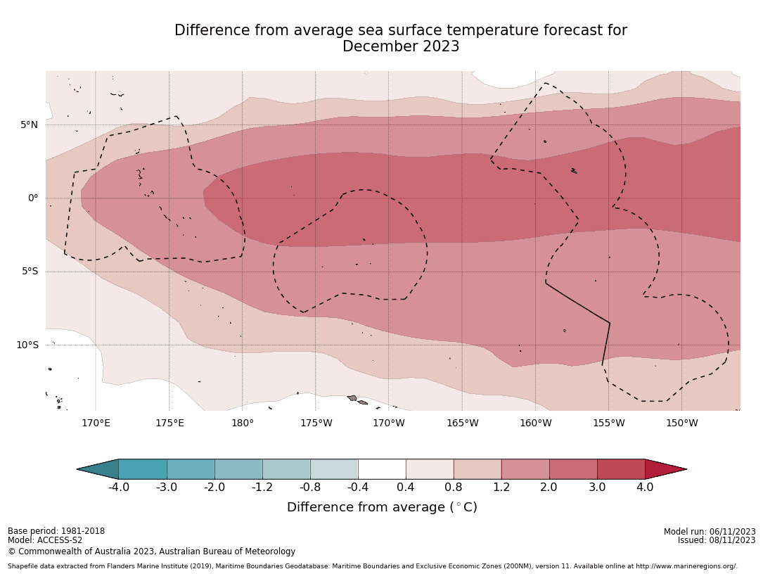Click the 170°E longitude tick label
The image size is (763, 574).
point(96,423)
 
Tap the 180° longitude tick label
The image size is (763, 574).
point(242,423)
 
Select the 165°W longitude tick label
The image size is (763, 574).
point(462,423)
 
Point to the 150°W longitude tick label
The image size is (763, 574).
point(681,423)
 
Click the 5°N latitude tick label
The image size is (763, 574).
point(29,125)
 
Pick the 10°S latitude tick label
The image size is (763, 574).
point(27,345)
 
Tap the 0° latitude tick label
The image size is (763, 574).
point(33,198)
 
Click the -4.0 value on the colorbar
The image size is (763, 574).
point(118,487)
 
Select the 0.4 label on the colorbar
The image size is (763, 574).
point(406,487)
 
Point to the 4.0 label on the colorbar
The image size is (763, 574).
point(644,487)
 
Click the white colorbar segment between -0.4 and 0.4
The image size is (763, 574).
point(382,469)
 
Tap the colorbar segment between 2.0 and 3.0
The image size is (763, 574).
point(573,469)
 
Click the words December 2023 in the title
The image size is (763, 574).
point(401,47)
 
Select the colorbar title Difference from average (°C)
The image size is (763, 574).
point(382,507)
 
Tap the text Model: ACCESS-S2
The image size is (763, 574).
point(45,540)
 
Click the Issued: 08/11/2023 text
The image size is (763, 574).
point(717,540)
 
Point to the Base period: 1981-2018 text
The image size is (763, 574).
point(56,531)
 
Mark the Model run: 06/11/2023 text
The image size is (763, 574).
point(710,532)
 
